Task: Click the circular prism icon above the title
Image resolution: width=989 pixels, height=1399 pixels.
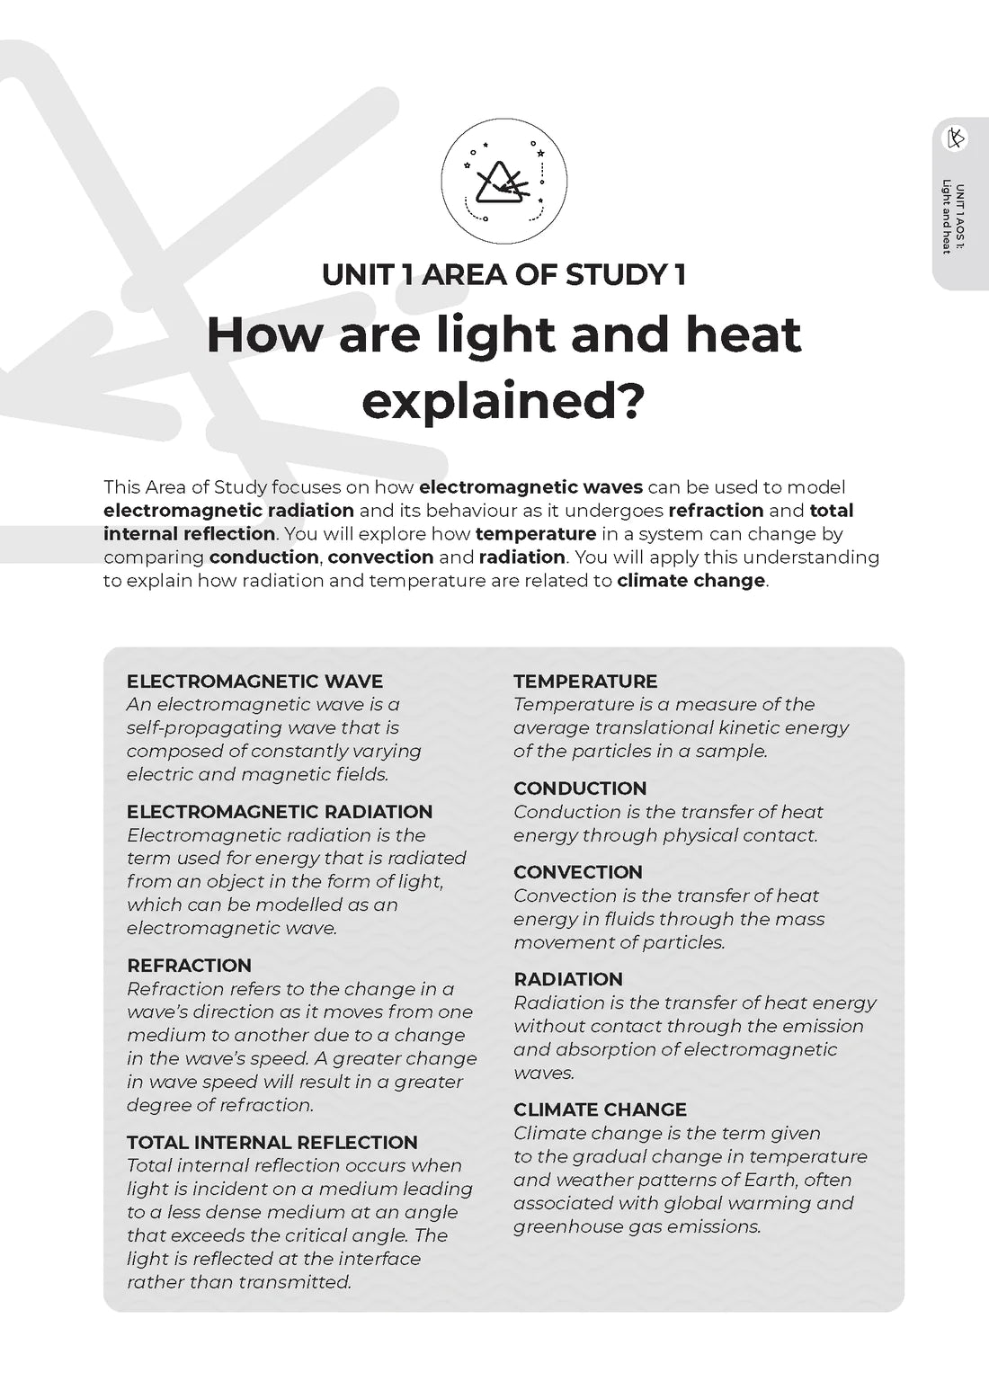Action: coord(503,181)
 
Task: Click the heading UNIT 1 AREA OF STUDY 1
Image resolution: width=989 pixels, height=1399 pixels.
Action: coord(503,274)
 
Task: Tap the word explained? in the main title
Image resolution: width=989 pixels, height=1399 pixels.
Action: coord(503,401)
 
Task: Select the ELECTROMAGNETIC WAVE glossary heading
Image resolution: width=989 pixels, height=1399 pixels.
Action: coord(254,682)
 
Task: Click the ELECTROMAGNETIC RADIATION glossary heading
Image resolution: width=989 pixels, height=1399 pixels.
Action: coord(280,812)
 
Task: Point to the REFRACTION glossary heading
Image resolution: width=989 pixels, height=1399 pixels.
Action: coord(189,966)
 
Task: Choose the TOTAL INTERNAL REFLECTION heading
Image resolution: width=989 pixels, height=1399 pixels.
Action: coord(272,1143)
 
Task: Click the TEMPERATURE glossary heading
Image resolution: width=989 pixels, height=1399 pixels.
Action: coord(585,682)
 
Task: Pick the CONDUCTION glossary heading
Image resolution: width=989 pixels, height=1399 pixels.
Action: coord(580,789)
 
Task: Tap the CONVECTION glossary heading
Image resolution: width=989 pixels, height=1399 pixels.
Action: coord(578,872)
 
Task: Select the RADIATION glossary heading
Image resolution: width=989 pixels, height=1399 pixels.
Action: coord(568,979)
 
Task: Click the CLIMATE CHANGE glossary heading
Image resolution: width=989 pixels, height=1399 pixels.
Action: coord(600,1109)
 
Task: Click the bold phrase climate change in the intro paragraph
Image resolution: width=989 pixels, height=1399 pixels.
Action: coord(691,581)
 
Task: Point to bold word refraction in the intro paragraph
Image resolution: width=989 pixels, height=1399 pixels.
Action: coord(716,511)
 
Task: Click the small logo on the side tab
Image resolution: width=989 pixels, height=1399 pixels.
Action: coord(956,138)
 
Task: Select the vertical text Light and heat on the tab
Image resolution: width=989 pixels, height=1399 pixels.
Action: coord(947,218)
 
